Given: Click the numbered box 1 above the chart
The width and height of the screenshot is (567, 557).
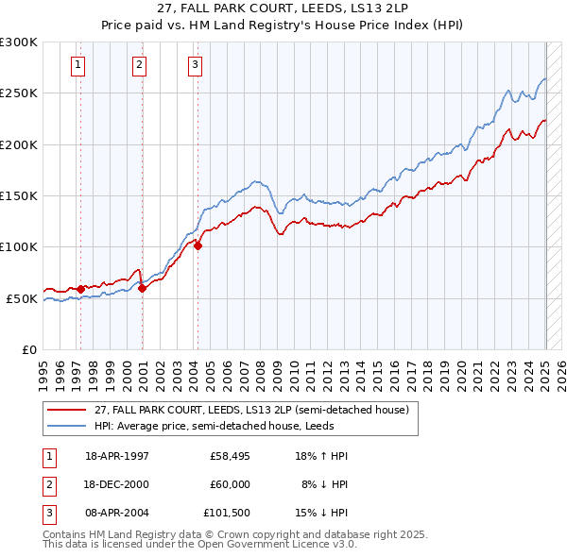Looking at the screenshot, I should point(77,65).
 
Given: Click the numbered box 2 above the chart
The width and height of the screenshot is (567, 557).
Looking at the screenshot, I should point(139,65).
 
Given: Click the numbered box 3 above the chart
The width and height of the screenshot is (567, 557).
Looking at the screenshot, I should point(194,65).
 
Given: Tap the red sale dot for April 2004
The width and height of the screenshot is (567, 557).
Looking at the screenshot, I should point(198,245).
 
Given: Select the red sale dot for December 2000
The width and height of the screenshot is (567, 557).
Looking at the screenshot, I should point(143,288).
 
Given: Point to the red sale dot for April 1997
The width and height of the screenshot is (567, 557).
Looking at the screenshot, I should point(81,289).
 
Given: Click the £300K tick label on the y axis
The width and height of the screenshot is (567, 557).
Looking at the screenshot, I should point(18,42).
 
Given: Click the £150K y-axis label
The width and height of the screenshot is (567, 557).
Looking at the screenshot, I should point(18,195).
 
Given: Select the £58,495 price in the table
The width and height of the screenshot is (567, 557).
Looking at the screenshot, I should point(230,456).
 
